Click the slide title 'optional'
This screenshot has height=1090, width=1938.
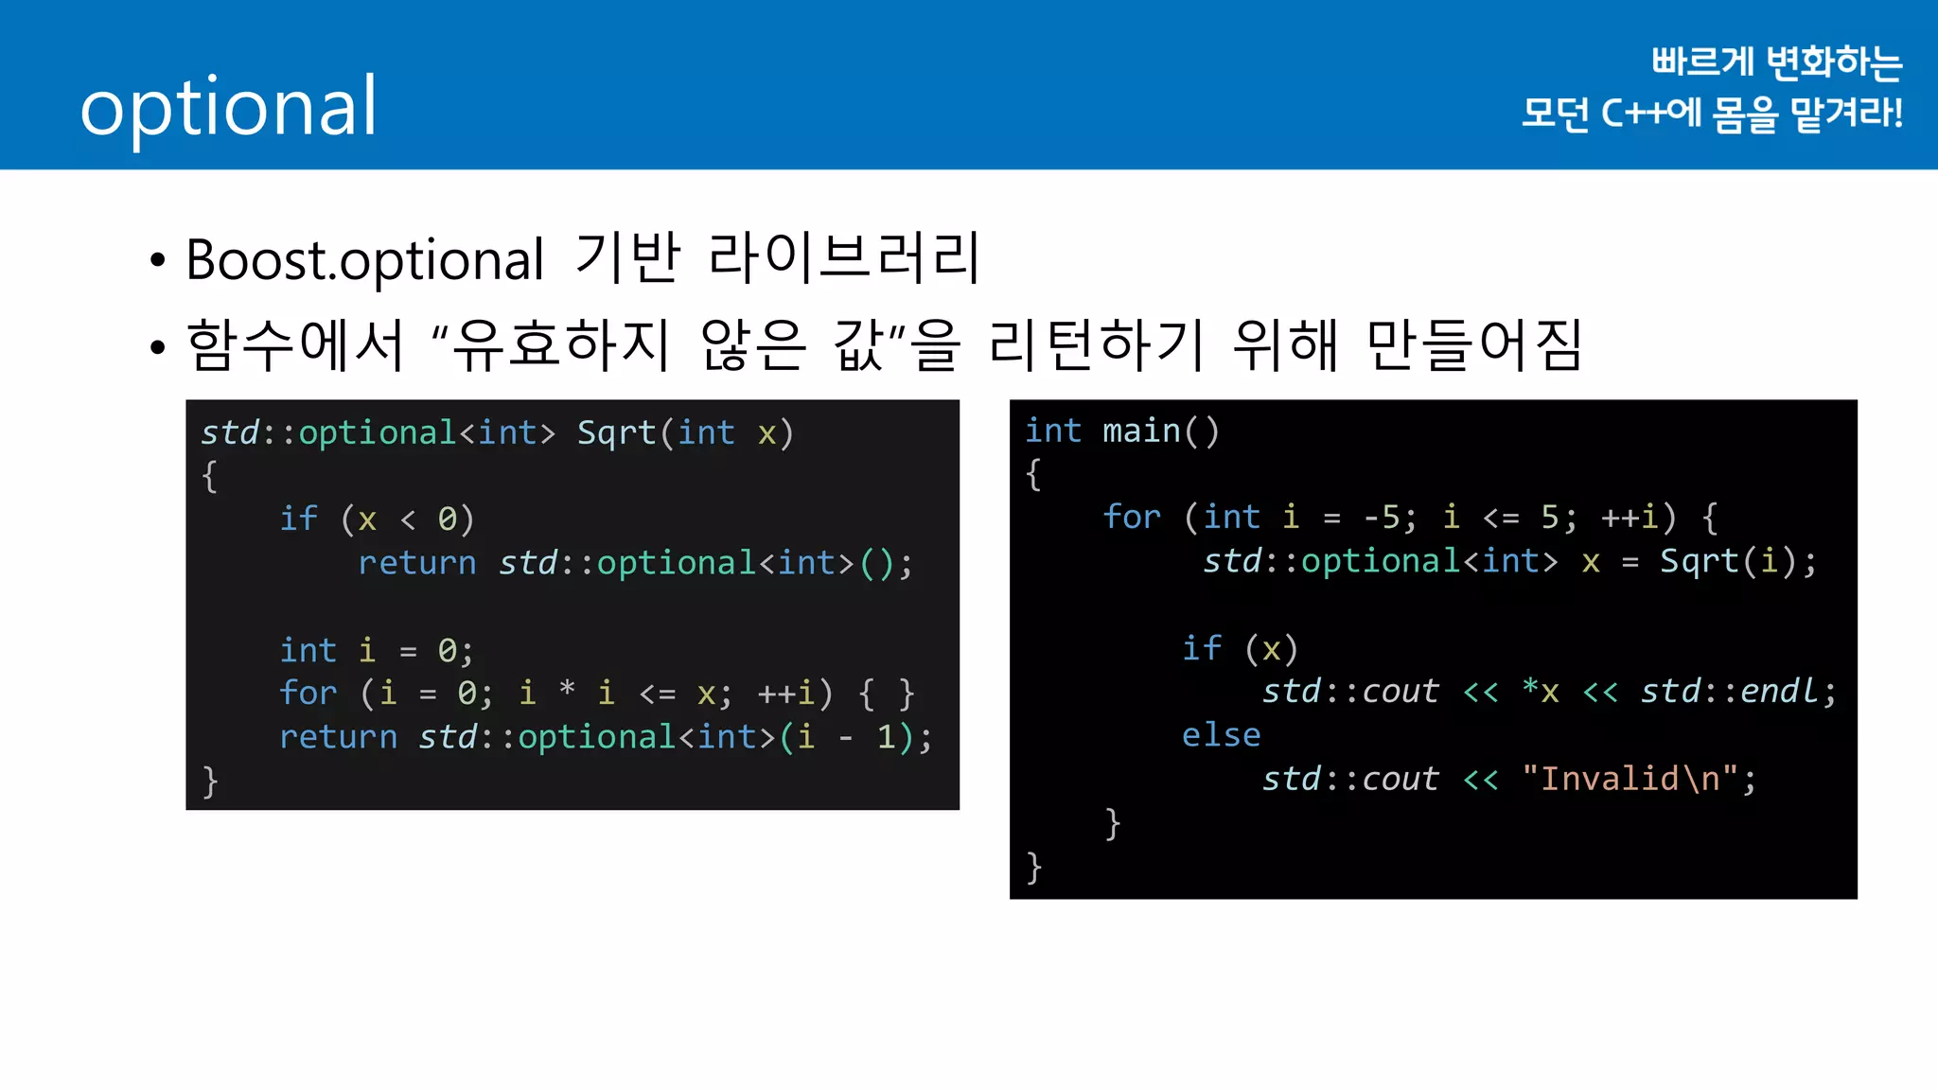pyautogui.click(x=229, y=107)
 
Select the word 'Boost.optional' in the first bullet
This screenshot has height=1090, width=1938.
pyautogui.click(x=365, y=259)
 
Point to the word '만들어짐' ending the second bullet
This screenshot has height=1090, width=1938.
pyautogui.click(x=1474, y=344)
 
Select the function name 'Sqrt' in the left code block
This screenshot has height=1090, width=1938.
pyautogui.click(x=616, y=433)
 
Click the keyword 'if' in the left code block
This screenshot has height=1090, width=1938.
pyautogui.click(x=298, y=519)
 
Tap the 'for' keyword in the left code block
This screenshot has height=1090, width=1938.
pyautogui.click(x=308, y=694)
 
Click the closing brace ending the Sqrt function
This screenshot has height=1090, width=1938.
pyautogui.click(x=210, y=782)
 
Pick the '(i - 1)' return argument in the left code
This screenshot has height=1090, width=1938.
pyautogui.click(x=845, y=737)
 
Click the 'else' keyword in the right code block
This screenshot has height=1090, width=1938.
pyautogui.click(x=1221, y=735)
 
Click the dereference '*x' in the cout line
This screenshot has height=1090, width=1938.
pyautogui.click(x=1541, y=692)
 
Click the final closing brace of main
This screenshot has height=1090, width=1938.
pyautogui.click(x=1034, y=867)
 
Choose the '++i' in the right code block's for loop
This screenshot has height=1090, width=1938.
pyautogui.click(x=1630, y=518)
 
